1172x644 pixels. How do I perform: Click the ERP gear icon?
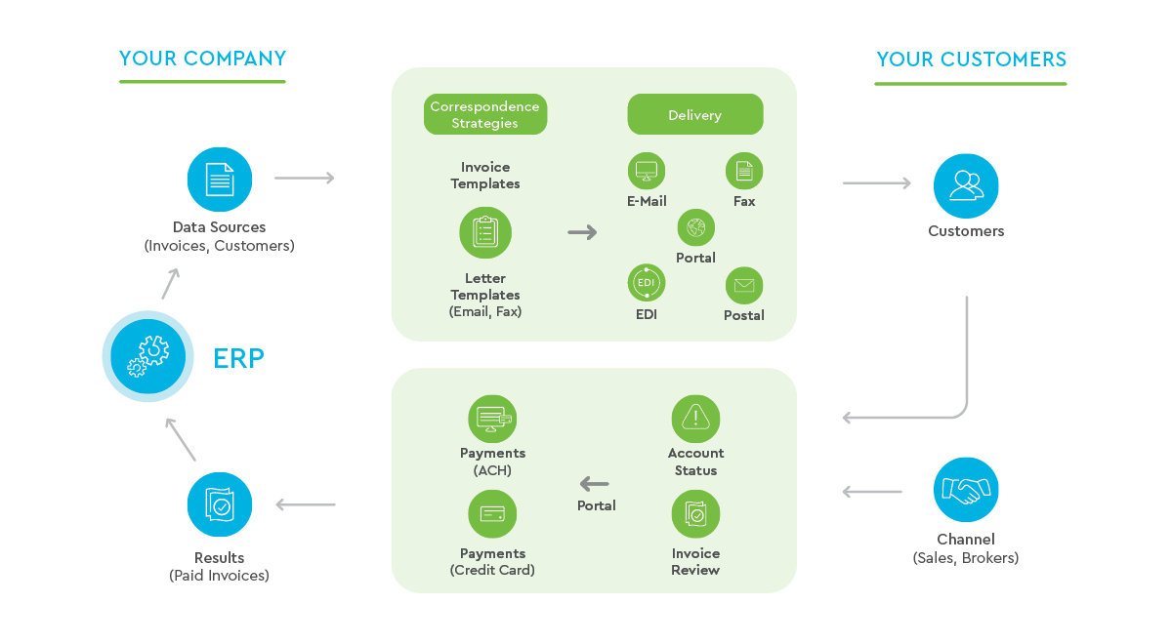click(x=147, y=356)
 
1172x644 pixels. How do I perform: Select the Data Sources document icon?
click(x=220, y=180)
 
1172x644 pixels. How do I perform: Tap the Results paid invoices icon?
click(x=220, y=504)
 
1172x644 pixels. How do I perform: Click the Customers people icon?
click(x=966, y=185)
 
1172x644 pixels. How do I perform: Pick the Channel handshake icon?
click(x=966, y=490)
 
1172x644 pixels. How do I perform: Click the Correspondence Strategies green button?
click(x=485, y=114)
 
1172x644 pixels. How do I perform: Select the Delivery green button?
click(x=694, y=114)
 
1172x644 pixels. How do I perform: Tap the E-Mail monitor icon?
click(x=647, y=172)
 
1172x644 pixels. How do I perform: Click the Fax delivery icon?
click(x=744, y=172)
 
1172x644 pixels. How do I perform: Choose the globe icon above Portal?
click(x=695, y=228)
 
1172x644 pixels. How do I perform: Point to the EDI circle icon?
click(x=647, y=284)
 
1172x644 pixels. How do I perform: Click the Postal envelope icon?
click(x=744, y=285)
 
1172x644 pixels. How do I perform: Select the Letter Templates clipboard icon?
click(x=485, y=232)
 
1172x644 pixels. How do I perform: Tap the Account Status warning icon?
click(x=695, y=419)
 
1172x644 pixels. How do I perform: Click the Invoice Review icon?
click(x=695, y=514)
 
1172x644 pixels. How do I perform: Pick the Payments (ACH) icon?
click(x=492, y=419)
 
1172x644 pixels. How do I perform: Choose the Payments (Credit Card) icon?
click(x=492, y=514)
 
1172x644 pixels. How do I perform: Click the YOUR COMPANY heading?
click(x=202, y=59)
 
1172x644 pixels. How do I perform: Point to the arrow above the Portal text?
click(x=594, y=483)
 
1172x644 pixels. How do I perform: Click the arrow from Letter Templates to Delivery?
click(x=582, y=232)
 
